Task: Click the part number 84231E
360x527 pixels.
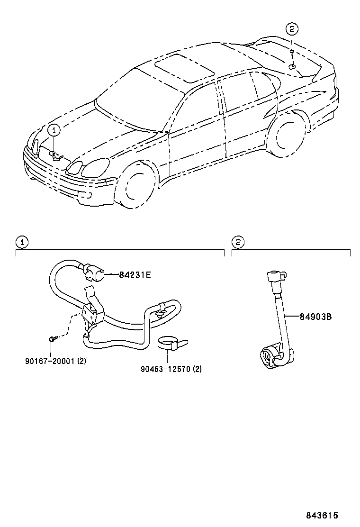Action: click(135, 274)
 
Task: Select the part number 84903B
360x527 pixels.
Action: click(315, 317)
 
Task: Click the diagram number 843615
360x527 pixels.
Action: click(322, 515)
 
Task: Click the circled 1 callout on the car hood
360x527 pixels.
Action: click(54, 129)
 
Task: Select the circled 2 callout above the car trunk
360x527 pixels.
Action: click(292, 29)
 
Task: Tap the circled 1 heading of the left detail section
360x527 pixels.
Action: click(22, 242)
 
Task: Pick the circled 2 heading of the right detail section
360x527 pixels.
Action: click(238, 242)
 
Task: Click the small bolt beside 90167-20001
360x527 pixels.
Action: click(52, 339)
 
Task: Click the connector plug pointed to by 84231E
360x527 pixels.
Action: click(93, 274)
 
